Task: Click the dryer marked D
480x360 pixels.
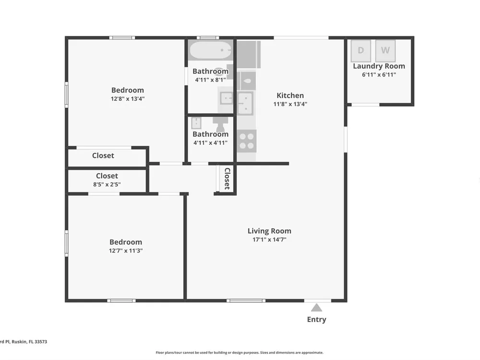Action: click(360, 50)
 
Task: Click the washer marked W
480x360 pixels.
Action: click(385, 50)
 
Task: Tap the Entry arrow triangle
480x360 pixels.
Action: click(316, 307)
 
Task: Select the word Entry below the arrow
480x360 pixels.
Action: click(316, 319)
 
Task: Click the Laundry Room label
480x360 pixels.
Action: click(379, 66)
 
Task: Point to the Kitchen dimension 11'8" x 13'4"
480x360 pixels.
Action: click(290, 104)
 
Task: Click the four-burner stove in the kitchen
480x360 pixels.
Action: click(246, 141)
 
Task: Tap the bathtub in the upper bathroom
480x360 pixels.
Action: click(211, 50)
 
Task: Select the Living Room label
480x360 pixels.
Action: click(269, 231)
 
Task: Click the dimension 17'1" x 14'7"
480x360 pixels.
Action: click(269, 240)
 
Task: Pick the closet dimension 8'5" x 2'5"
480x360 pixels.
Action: click(107, 184)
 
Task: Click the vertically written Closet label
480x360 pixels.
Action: click(227, 179)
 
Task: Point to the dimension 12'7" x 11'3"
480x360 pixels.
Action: click(126, 251)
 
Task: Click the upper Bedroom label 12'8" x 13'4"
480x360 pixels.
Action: click(128, 90)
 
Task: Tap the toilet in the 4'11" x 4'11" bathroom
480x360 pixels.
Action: click(220, 124)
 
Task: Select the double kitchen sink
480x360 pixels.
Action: click(245, 103)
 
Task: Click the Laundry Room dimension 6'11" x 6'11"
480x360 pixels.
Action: click(379, 75)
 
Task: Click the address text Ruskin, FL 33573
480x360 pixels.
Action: click(29, 342)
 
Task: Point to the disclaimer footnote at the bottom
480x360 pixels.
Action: click(240, 353)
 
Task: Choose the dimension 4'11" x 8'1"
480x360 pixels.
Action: click(211, 80)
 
